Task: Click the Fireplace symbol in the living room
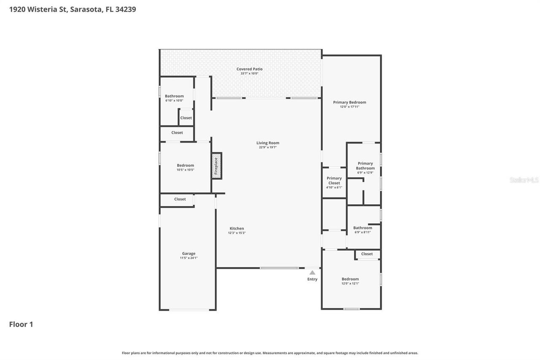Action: (216, 166)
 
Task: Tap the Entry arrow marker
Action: (312, 273)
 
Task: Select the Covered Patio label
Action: (249, 69)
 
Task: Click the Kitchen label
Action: (237, 228)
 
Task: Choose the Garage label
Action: (189, 253)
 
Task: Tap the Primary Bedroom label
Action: (349, 102)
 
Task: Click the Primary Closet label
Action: (334, 181)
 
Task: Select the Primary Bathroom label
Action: (365, 165)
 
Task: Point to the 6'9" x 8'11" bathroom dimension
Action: (362, 232)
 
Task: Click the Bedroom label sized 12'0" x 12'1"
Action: (350, 279)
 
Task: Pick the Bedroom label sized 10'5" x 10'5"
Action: (185, 165)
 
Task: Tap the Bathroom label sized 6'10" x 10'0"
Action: (174, 96)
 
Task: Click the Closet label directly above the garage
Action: (180, 199)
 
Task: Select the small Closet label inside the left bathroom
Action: (186, 118)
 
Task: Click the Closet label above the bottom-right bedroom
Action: (367, 254)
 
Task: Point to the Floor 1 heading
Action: (21, 324)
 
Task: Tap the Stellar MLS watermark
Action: (524, 180)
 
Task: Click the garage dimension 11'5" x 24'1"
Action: (189, 258)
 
